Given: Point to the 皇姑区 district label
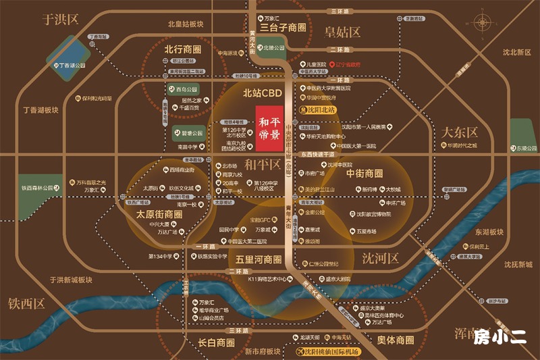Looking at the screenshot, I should pyautogui.click(x=343, y=32).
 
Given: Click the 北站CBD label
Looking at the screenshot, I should pyautogui.click(x=261, y=94).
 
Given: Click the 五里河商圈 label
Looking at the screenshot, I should pyautogui.click(x=259, y=259).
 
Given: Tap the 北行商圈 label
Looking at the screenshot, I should pyautogui.click(x=183, y=49).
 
